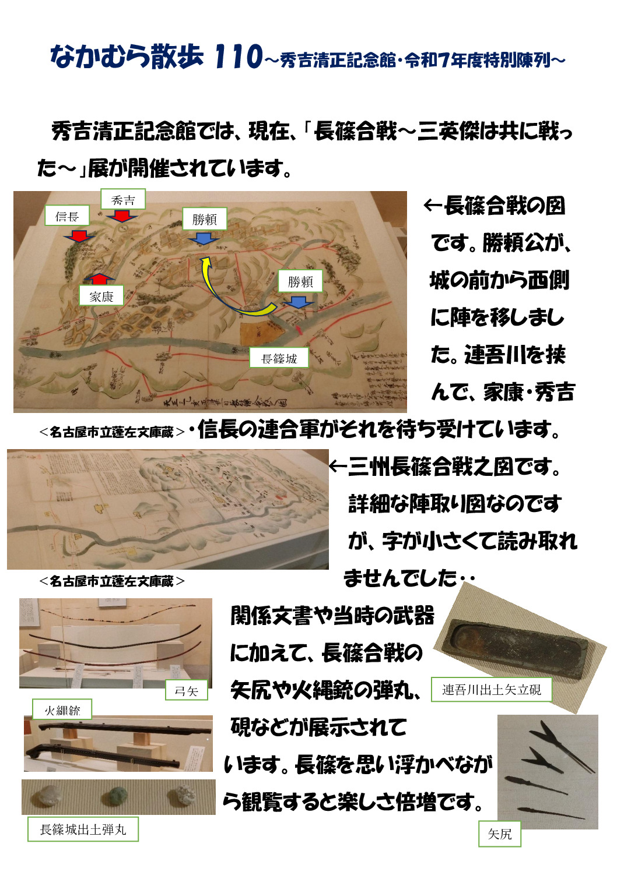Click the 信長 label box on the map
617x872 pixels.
(67, 216)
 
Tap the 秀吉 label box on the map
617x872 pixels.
(122, 200)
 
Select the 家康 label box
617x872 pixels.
(101, 296)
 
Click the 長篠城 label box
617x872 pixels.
(279, 358)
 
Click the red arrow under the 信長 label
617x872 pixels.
(79, 235)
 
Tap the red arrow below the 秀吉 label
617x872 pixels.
(122, 216)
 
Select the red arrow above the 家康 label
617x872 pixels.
(100, 278)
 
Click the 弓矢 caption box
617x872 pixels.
(186, 690)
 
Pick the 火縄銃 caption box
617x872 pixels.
(62, 709)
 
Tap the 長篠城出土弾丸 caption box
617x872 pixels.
(83, 829)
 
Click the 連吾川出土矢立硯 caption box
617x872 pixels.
(491, 690)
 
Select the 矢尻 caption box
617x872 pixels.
(499, 834)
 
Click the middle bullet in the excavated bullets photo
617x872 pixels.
(118, 796)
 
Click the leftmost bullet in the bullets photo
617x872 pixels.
(48, 796)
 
